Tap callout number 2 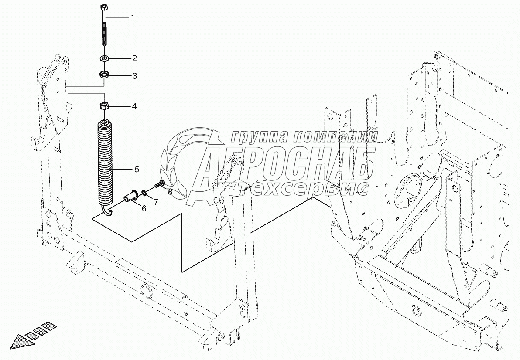pyautogui.click(x=134, y=58)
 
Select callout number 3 pyautogui.click(x=134, y=76)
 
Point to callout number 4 pyautogui.click(x=134, y=106)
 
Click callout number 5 pyautogui.click(x=137, y=170)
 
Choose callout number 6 pyautogui.click(x=144, y=208)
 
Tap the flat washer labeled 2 pyautogui.click(x=105, y=59)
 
